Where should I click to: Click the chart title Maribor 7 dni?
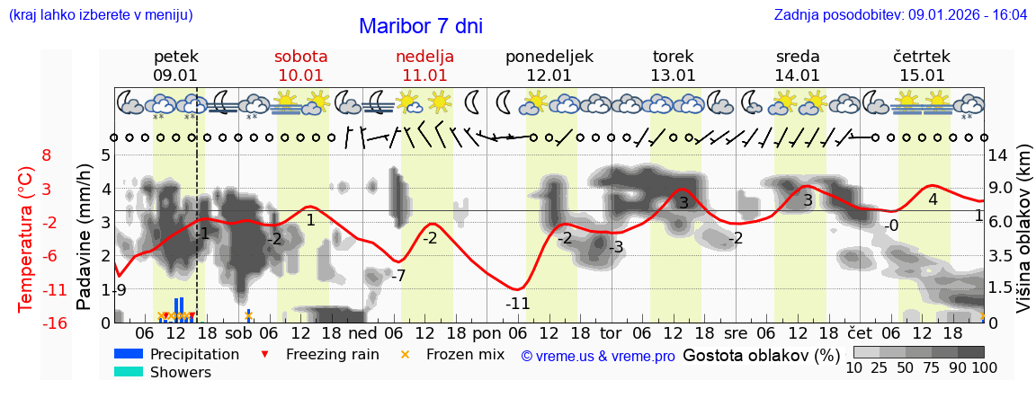[420, 26]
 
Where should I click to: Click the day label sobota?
[300, 57]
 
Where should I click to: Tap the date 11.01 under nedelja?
[424, 75]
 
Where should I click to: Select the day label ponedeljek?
[549, 57]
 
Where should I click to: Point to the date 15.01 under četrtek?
[922, 75]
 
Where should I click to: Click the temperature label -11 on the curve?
[517, 304]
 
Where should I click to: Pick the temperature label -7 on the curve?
[398, 275]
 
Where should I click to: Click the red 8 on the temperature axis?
[47, 155]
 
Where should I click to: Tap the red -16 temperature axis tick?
[54, 323]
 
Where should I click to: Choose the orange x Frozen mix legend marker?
[405, 354]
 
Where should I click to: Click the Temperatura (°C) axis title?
[28, 237]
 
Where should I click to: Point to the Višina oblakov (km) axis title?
[1023, 237]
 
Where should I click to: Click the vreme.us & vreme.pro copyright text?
[598, 356]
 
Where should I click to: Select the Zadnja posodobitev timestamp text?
[900, 15]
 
